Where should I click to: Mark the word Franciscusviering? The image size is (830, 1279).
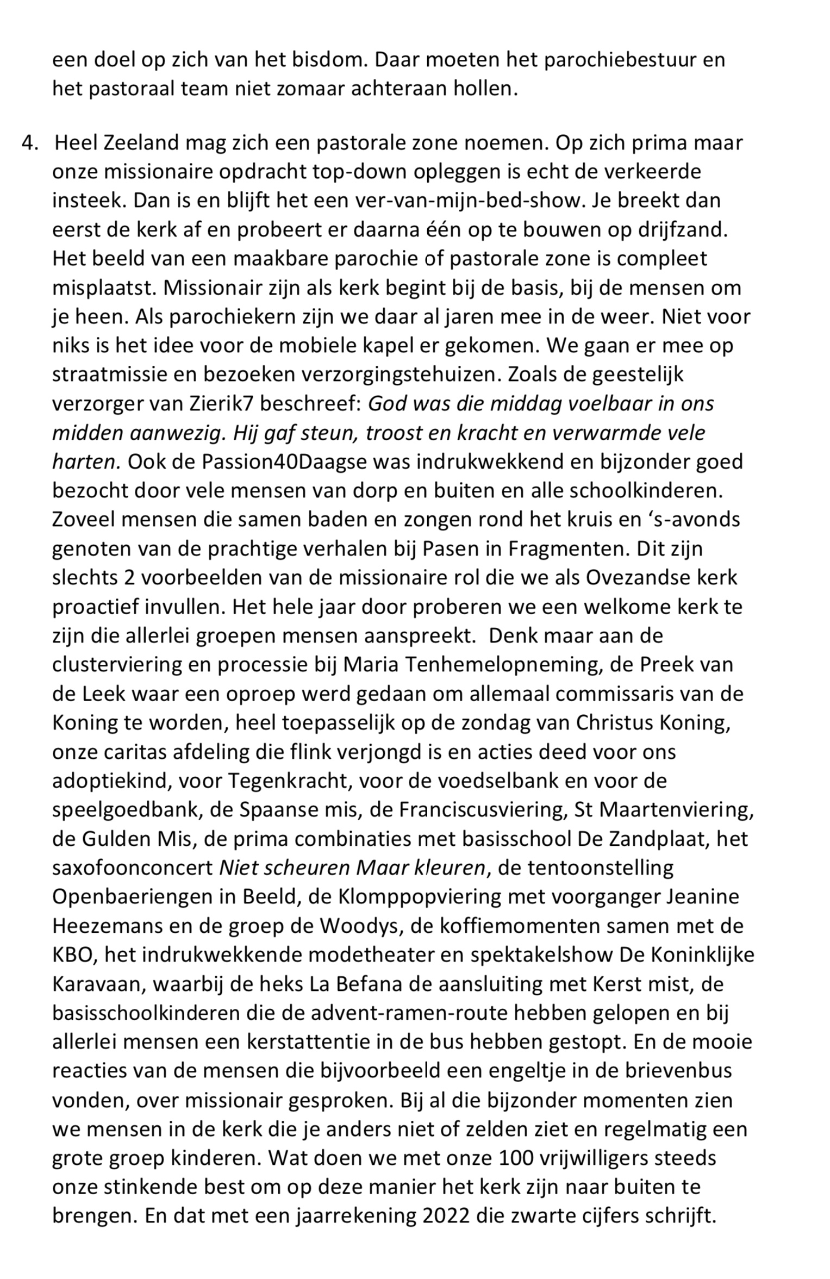pos(483,810)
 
